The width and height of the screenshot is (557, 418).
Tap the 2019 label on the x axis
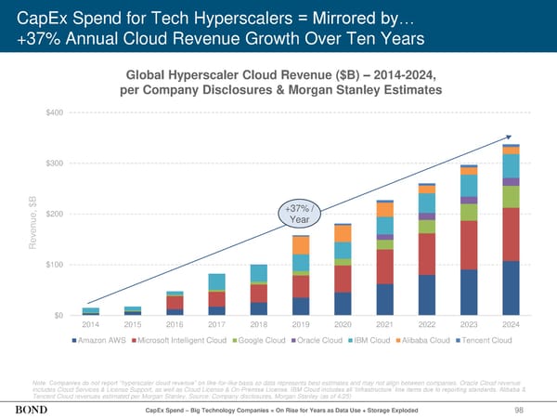[x=300, y=324]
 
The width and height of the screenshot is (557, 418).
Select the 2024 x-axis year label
[x=511, y=324]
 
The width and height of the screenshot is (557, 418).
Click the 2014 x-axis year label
[x=90, y=324]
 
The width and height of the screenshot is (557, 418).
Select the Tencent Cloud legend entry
[x=486, y=339]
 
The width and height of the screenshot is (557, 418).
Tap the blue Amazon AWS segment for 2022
[x=426, y=294]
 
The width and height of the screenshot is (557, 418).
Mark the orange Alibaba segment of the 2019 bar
[x=300, y=244]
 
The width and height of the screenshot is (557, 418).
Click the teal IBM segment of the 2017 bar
[x=216, y=281]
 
